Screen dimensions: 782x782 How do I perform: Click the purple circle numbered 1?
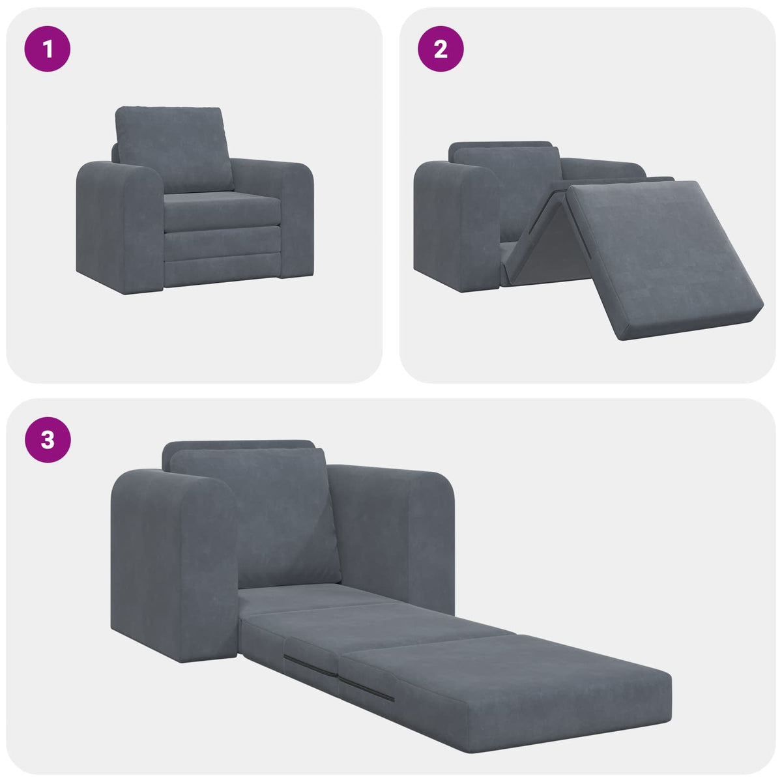[x=48, y=48]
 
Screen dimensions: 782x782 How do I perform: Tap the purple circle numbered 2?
[x=441, y=48]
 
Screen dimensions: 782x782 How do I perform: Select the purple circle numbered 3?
[x=48, y=440]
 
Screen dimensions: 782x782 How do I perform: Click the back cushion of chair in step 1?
[x=173, y=149]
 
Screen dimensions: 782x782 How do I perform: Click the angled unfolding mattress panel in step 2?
[x=658, y=257]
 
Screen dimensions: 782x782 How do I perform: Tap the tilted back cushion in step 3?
[x=257, y=515]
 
